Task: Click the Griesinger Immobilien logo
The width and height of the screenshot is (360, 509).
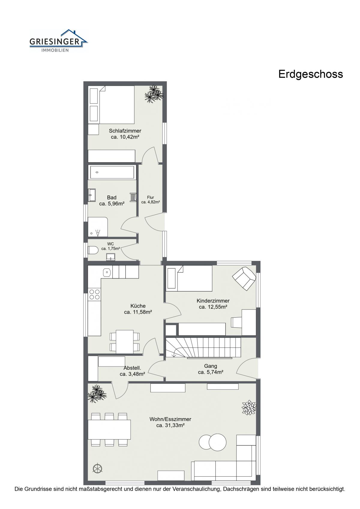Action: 58,41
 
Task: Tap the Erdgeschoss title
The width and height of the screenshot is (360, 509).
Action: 310,74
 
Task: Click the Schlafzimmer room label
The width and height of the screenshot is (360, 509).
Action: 125,131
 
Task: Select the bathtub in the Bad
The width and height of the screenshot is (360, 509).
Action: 112,172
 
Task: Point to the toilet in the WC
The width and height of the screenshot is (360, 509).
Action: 93,250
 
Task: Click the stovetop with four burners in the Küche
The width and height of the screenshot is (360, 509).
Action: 94,294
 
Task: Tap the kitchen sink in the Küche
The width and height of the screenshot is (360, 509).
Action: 107,272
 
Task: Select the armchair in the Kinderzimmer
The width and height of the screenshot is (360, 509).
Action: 244,278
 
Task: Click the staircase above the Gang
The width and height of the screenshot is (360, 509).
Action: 203,347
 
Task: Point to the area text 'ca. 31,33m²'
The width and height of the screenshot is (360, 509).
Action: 170,425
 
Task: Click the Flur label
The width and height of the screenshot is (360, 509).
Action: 151,197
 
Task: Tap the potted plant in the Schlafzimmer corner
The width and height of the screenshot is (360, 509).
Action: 154,94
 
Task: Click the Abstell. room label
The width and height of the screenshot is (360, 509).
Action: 132,368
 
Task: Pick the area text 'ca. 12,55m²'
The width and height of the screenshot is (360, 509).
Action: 213,307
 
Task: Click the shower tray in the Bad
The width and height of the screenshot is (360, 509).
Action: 98,227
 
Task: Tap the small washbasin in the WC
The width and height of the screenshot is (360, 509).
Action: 111,257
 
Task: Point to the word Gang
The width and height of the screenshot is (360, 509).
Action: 211,366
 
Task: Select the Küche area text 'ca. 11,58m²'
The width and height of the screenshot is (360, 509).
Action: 138,312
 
